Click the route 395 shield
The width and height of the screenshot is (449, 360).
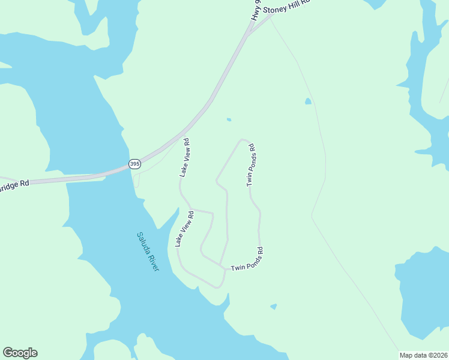pyautogui.click(x=135, y=163)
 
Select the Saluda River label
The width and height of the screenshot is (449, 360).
pyautogui.click(x=147, y=251)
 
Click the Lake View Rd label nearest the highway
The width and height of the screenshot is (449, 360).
pyautogui.click(x=185, y=158)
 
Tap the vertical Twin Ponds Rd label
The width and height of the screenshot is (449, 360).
pyautogui.click(x=252, y=164)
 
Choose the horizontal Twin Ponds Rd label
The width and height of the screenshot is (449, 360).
pyautogui.click(x=247, y=263)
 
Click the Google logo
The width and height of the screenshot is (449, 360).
pyautogui.click(x=20, y=353)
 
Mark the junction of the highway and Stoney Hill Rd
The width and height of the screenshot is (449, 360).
pyautogui.click(x=247, y=35)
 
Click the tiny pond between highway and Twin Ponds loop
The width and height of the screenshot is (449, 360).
pyautogui.click(x=229, y=119)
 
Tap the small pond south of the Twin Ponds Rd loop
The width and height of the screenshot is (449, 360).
pyautogui.click(x=274, y=307)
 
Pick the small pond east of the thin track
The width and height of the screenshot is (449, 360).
pyautogui.click(x=308, y=101)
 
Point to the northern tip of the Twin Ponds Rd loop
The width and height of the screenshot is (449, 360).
pyautogui.click(x=243, y=140)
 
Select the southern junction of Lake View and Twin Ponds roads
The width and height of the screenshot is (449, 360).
pyautogui.click(x=225, y=270)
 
